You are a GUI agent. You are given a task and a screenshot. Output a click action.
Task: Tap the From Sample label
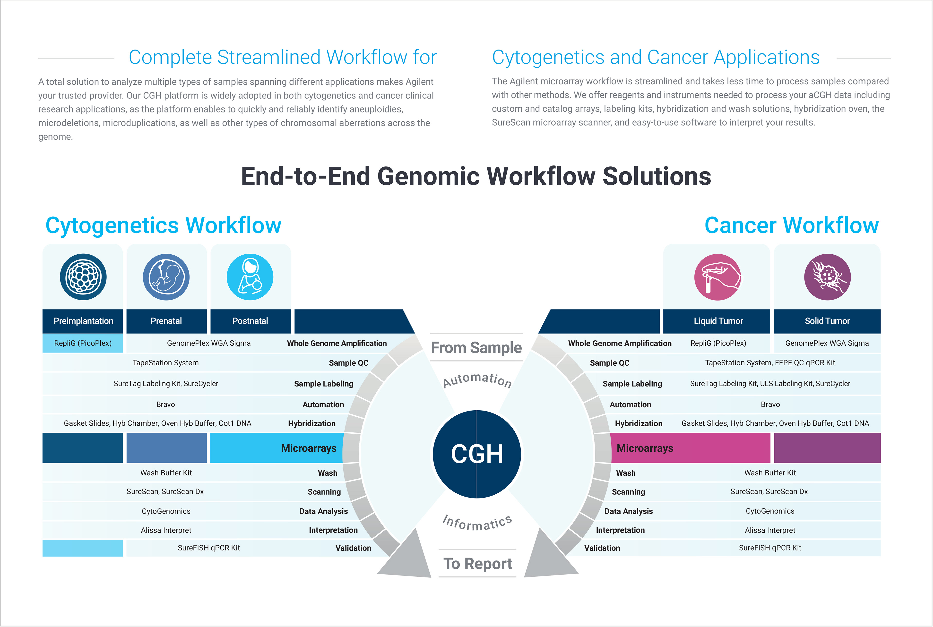(x=476, y=347)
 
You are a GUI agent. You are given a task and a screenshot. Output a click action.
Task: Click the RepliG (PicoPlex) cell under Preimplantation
(x=83, y=343)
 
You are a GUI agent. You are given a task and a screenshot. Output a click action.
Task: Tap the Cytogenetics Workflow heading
(x=163, y=225)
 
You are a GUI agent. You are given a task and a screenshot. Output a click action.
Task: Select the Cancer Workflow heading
(x=791, y=225)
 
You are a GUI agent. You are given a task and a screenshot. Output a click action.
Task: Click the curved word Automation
(x=477, y=380)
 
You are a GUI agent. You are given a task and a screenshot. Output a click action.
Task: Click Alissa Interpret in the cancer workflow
(x=770, y=530)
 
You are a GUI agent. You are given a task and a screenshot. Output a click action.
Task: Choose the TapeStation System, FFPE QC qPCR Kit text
(x=770, y=363)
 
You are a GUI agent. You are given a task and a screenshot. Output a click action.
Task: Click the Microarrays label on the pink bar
(x=645, y=448)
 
